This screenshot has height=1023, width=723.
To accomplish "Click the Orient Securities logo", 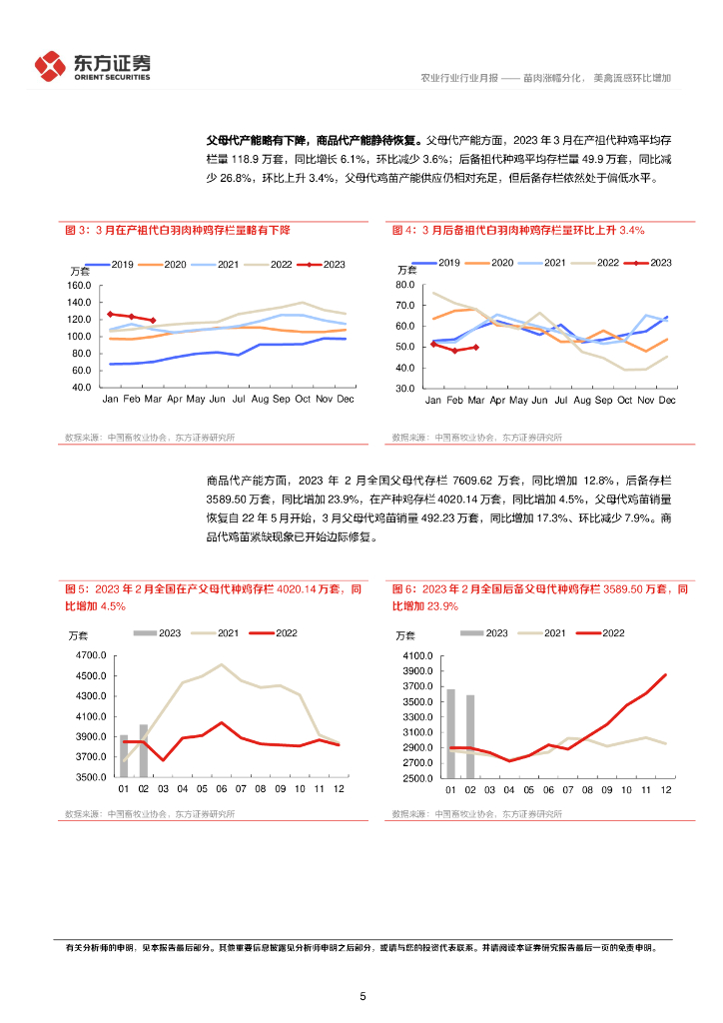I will [92, 66].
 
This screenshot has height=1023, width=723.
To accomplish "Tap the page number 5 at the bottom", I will [362, 996].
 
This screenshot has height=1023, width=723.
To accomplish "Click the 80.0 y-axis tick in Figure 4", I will [404, 285].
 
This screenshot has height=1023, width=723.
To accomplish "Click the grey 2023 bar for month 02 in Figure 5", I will [143, 750].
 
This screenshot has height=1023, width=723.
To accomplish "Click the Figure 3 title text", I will [177, 230].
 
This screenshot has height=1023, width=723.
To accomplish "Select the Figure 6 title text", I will [540, 597].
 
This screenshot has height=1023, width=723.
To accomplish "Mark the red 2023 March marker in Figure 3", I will [153, 321].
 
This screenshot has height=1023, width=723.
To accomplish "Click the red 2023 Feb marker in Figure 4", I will [454, 351].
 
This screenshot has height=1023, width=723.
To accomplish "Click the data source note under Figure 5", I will [150, 813].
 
